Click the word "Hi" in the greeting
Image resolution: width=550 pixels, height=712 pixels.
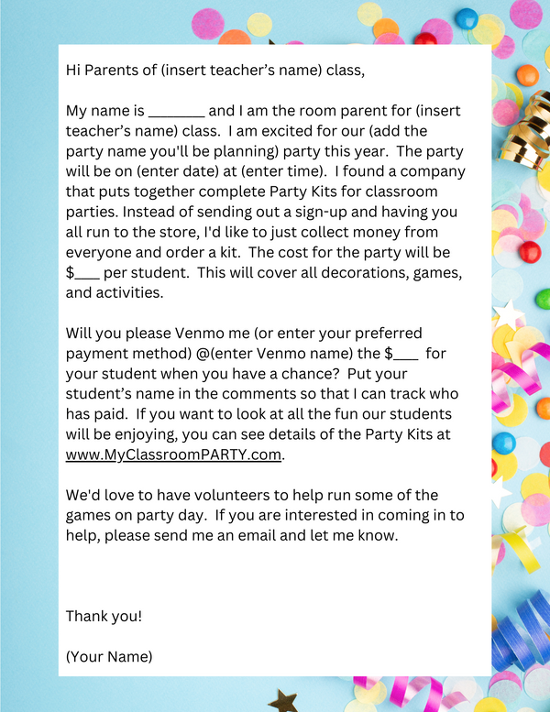tap(74, 70)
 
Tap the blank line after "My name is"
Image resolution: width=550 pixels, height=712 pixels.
tap(176, 112)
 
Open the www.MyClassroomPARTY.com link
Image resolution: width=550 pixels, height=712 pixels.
tap(174, 455)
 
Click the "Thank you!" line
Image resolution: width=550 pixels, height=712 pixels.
tap(104, 616)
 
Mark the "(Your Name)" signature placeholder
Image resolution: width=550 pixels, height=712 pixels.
tap(109, 656)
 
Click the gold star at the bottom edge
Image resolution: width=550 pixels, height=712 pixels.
tap(283, 701)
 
